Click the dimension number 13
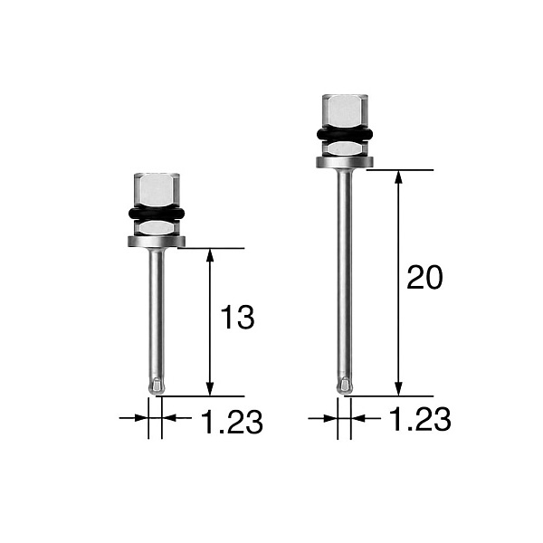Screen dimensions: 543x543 pos(237,317)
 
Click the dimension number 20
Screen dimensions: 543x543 pos(424,277)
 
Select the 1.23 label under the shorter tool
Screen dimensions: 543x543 pos(232,422)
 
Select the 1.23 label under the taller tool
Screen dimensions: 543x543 pos(421,419)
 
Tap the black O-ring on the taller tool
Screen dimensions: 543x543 pos(345,134)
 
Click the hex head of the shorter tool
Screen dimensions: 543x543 pos(157,189)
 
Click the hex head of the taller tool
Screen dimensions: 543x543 pos(345,110)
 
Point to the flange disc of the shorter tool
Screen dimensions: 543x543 pos(157,242)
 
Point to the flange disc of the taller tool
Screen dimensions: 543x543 pos(345,162)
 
